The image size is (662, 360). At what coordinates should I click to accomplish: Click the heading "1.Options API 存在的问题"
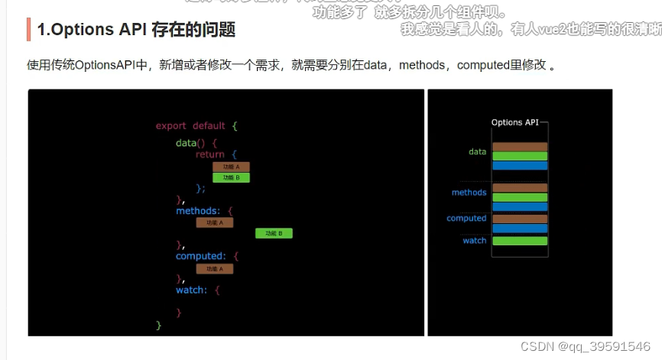point(136,30)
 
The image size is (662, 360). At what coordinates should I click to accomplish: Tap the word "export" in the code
point(170,125)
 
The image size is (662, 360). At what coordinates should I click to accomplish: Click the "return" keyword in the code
point(209,154)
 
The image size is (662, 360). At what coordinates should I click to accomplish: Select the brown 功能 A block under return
point(231,167)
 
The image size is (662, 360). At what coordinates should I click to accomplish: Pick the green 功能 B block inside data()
point(231,177)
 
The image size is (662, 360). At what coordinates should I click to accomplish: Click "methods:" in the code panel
point(197,210)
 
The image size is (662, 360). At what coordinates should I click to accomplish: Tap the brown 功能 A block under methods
point(214,222)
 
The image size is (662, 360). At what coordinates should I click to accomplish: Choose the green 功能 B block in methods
point(274,233)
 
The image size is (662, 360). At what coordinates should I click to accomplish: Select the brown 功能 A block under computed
point(214,268)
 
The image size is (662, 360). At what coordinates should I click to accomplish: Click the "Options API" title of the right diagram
point(517,122)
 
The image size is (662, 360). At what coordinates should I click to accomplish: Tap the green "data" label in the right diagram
point(477,151)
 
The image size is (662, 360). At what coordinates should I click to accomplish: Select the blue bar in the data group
point(520,165)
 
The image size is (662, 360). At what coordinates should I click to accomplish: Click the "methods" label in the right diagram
point(469,193)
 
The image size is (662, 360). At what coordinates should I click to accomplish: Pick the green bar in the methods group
point(520,197)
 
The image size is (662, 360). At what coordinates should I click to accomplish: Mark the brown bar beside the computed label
point(520,219)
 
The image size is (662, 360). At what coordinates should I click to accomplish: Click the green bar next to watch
point(520,241)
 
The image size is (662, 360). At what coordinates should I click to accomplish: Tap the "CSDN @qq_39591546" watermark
point(585,346)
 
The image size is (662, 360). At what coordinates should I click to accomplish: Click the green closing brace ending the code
point(159,325)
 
